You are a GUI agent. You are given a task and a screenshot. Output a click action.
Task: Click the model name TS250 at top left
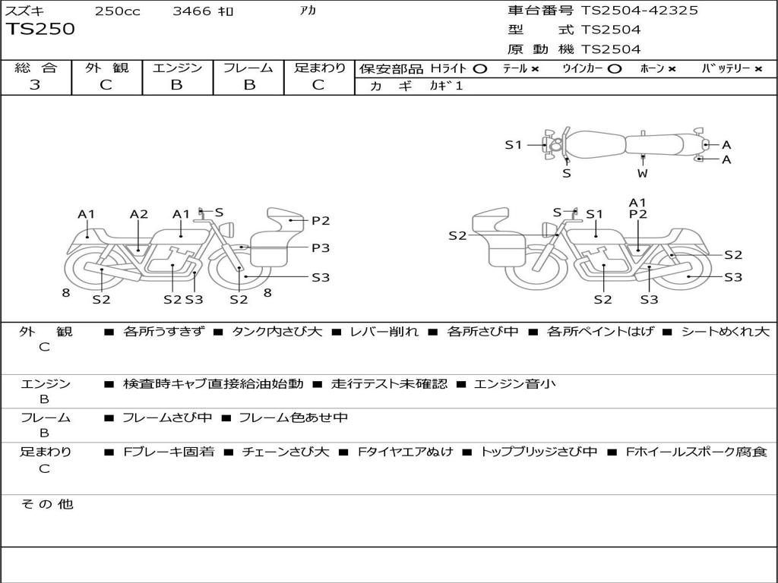(41, 30)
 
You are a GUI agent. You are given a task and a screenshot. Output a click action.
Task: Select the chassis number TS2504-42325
(639, 11)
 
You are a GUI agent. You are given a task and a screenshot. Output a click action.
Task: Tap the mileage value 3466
(191, 11)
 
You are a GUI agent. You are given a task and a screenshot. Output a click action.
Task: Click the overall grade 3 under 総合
(35, 85)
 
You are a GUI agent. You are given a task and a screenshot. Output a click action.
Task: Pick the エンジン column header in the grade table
(177, 68)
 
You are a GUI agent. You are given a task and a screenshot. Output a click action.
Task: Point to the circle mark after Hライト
(479, 68)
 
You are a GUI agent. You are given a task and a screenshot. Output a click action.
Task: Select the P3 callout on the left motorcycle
(320, 247)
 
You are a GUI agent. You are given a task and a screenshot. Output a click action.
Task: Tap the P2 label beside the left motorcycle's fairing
(320, 221)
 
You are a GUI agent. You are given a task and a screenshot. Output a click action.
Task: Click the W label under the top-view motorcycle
(642, 173)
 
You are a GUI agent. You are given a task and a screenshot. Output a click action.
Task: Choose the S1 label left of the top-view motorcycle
(514, 144)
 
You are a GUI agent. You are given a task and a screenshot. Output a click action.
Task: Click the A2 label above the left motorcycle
(138, 214)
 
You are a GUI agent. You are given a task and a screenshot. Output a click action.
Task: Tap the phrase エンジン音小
(514, 384)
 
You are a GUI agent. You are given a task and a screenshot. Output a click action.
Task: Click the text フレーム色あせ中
(293, 418)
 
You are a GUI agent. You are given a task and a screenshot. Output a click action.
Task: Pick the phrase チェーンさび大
(285, 452)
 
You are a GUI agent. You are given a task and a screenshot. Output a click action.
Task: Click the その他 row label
(46, 504)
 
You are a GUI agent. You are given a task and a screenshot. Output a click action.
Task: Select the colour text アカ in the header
(308, 11)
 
